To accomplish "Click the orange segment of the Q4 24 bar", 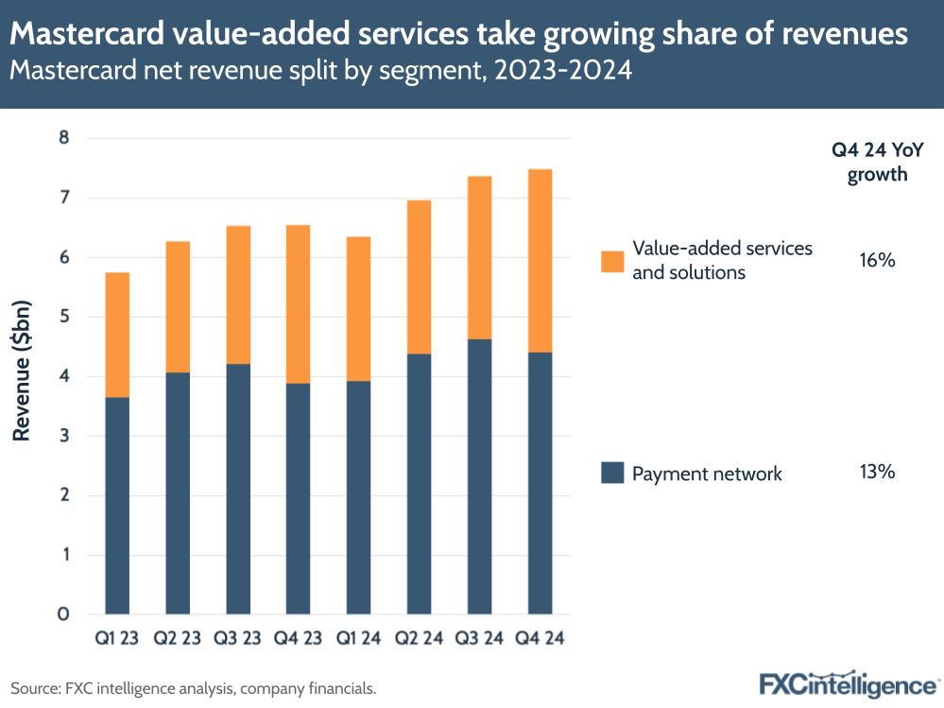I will (x=540, y=261).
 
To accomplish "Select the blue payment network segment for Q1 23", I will (x=117, y=505).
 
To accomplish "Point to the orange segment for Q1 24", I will (x=359, y=309).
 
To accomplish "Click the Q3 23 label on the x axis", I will (x=238, y=638).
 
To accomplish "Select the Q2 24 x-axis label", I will (x=419, y=638).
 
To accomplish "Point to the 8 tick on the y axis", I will (x=64, y=139).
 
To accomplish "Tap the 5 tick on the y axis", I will (x=64, y=318).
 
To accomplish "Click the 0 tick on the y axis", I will (x=64, y=614).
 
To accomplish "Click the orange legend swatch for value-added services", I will (x=612, y=261).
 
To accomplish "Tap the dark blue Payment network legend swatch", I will (x=612, y=473).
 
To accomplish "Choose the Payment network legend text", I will (x=707, y=474).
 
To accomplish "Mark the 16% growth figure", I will (x=876, y=260).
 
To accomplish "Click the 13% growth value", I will (x=876, y=472).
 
